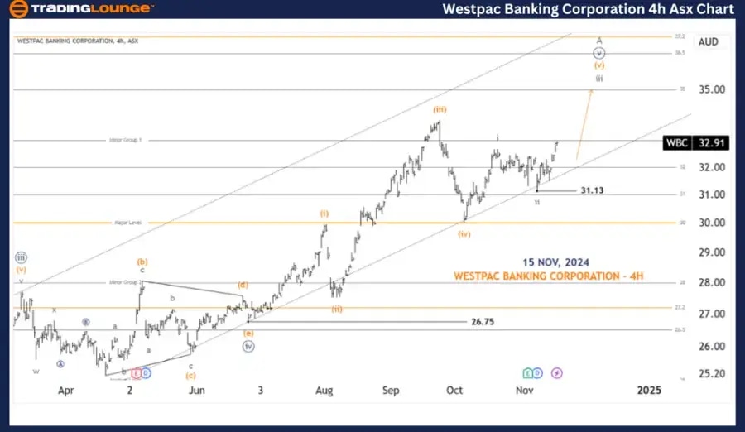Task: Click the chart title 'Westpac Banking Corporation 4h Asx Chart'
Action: (589, 9)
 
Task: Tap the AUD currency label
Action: (708, 41)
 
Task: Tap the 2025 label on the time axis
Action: (649, 390)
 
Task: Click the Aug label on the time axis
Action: (324, 390)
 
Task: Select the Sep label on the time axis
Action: (392, 390)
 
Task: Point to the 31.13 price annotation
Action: (593, 190)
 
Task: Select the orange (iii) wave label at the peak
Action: (440, 109)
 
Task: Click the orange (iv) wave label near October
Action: (465, 233)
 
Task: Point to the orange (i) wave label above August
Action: (325, 213)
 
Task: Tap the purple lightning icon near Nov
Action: (556, 373)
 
